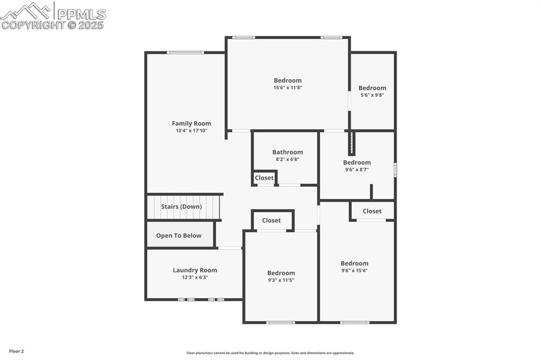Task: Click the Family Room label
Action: coord(191,124)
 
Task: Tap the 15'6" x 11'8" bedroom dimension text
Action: coord(287,88)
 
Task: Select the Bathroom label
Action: coord(287,152)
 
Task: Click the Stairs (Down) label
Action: coord(181,207)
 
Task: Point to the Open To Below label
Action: coord(179,235)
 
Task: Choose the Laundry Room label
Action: coord(195,270)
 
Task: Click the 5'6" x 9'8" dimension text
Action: coord(372,95)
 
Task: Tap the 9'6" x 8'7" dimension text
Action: coord(357,169)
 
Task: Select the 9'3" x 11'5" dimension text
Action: coord(281,280)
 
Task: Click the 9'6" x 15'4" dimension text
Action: coord(354,270)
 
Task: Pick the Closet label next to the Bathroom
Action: coord(264,178)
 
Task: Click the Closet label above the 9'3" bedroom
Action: coord(272,220)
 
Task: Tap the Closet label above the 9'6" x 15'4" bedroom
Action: coord(372,211)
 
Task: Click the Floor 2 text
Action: coord(16,351)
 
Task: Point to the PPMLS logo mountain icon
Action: coord(27,11)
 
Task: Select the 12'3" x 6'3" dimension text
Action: coord(195,277)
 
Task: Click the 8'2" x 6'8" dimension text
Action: coord(287,159)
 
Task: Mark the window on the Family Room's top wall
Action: coord(185,52)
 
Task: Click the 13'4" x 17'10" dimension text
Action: coord(191,130)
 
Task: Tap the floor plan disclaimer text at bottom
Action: coord(270,353)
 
